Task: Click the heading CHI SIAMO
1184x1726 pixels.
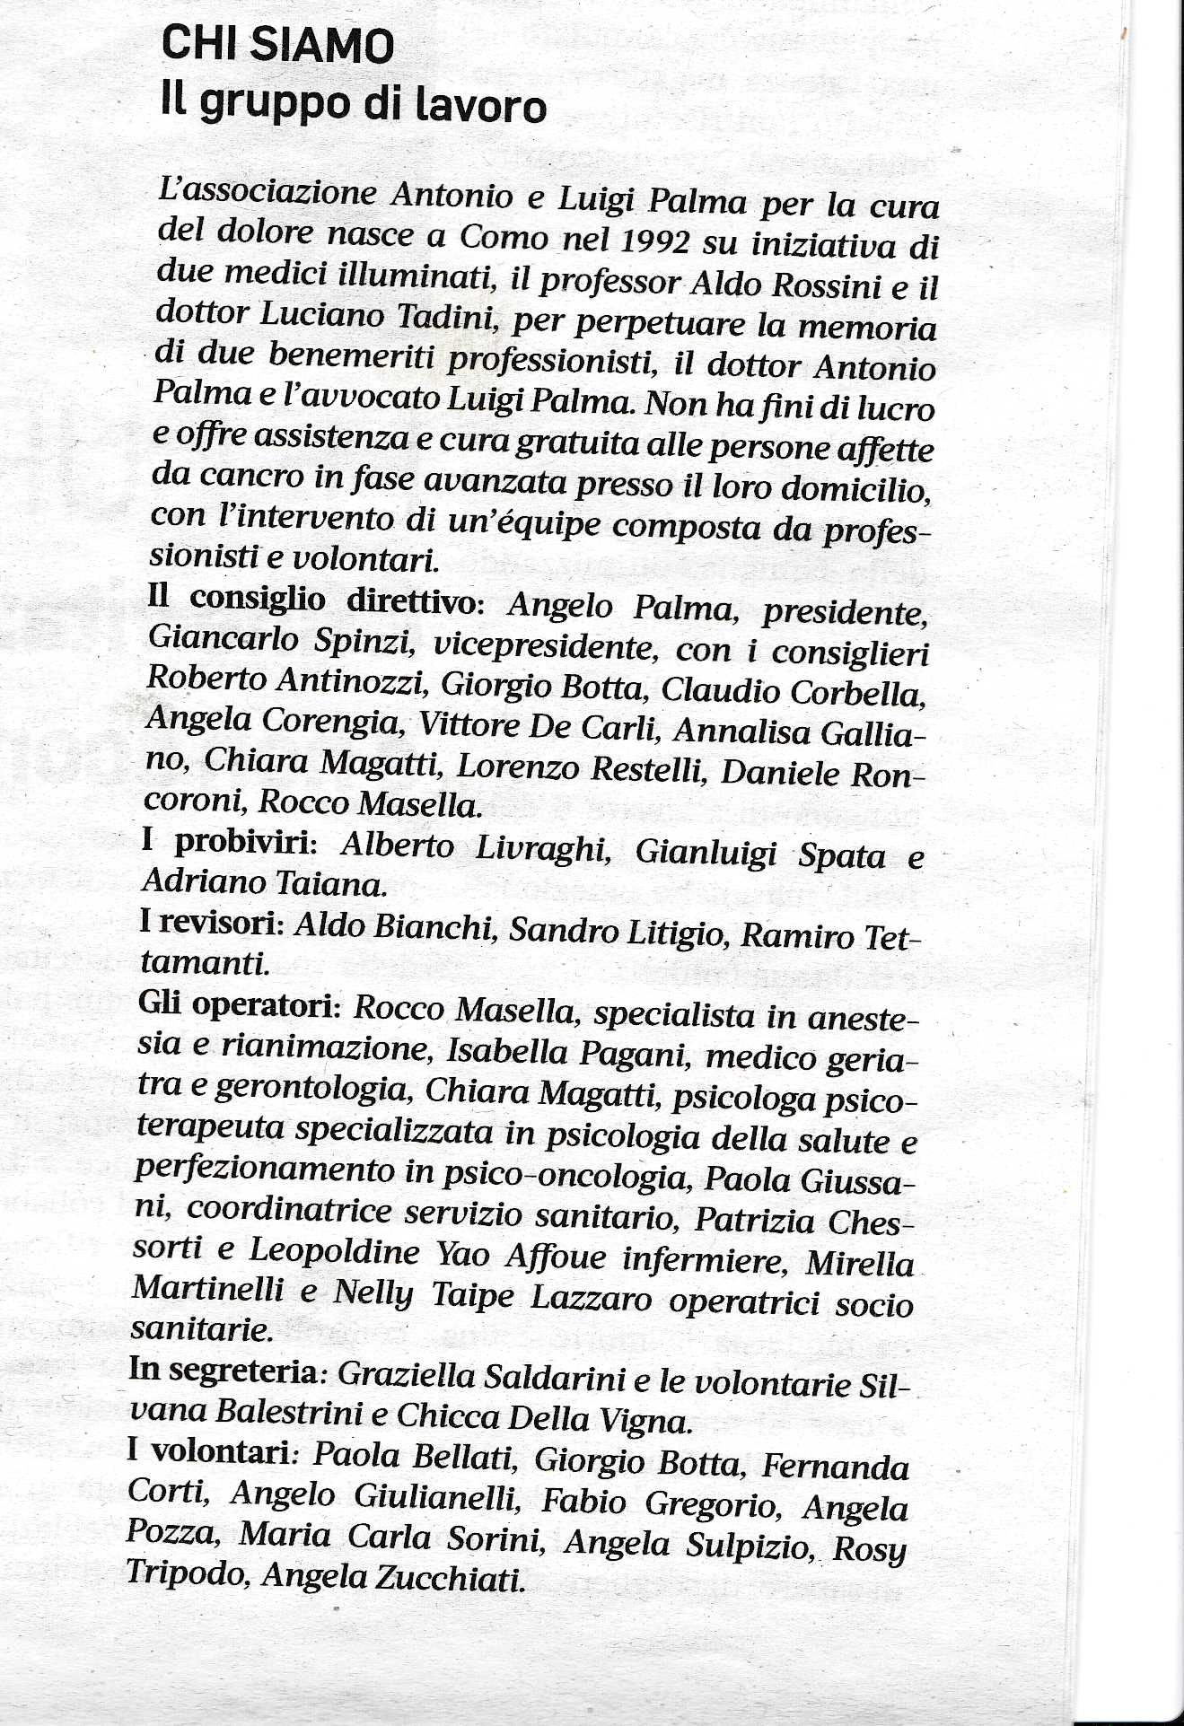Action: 277,46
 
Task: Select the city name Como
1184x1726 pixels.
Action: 504,237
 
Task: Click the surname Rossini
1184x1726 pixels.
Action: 825,285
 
